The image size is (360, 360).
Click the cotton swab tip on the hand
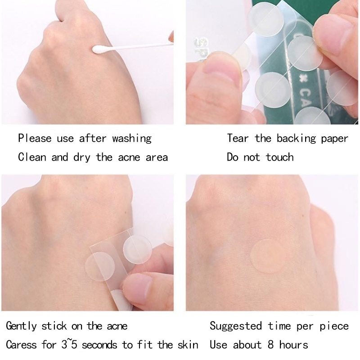point(99,49)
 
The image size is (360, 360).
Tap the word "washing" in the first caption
point(132,139)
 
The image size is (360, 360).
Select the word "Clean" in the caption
point(32,157)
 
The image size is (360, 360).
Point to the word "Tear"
point(238,138)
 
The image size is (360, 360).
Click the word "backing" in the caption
point(297,139)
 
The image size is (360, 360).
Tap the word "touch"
point(279,157)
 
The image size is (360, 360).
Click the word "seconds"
point(99,345)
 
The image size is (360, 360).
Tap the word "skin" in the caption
point(188,345)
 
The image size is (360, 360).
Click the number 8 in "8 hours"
point(271,345)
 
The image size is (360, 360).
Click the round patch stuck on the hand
point(268,256)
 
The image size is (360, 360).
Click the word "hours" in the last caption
point(294,345)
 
